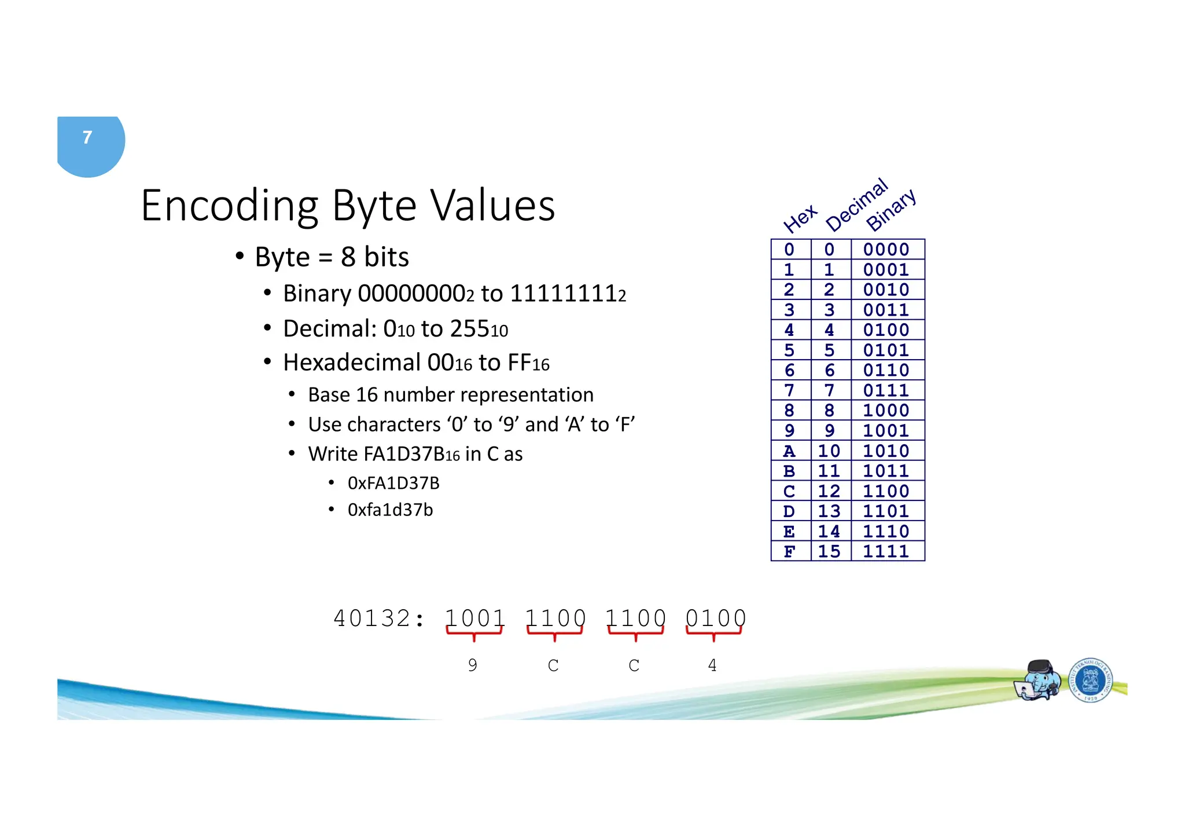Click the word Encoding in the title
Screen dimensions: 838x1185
coord(230,207)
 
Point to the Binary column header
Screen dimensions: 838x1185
coord(890,210)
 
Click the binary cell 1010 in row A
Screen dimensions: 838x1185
coord(886,451)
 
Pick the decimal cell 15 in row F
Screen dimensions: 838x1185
coord(829,551)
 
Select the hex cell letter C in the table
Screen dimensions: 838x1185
coord(789,491)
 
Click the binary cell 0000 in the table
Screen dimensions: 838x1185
coord(886,250)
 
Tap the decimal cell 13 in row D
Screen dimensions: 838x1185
coord(829,511)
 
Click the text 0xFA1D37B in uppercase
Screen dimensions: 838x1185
coord(393,483)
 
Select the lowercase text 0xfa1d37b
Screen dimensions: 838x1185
coord(390,510)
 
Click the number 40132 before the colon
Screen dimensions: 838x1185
coord(372,619)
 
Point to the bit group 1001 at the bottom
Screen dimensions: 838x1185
coord(474,619)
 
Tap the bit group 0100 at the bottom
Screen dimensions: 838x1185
coord(715,619)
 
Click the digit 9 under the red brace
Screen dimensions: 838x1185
coord(473,665)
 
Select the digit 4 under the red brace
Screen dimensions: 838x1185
coord(712,665)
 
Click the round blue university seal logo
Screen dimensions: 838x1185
coord(1090,680)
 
